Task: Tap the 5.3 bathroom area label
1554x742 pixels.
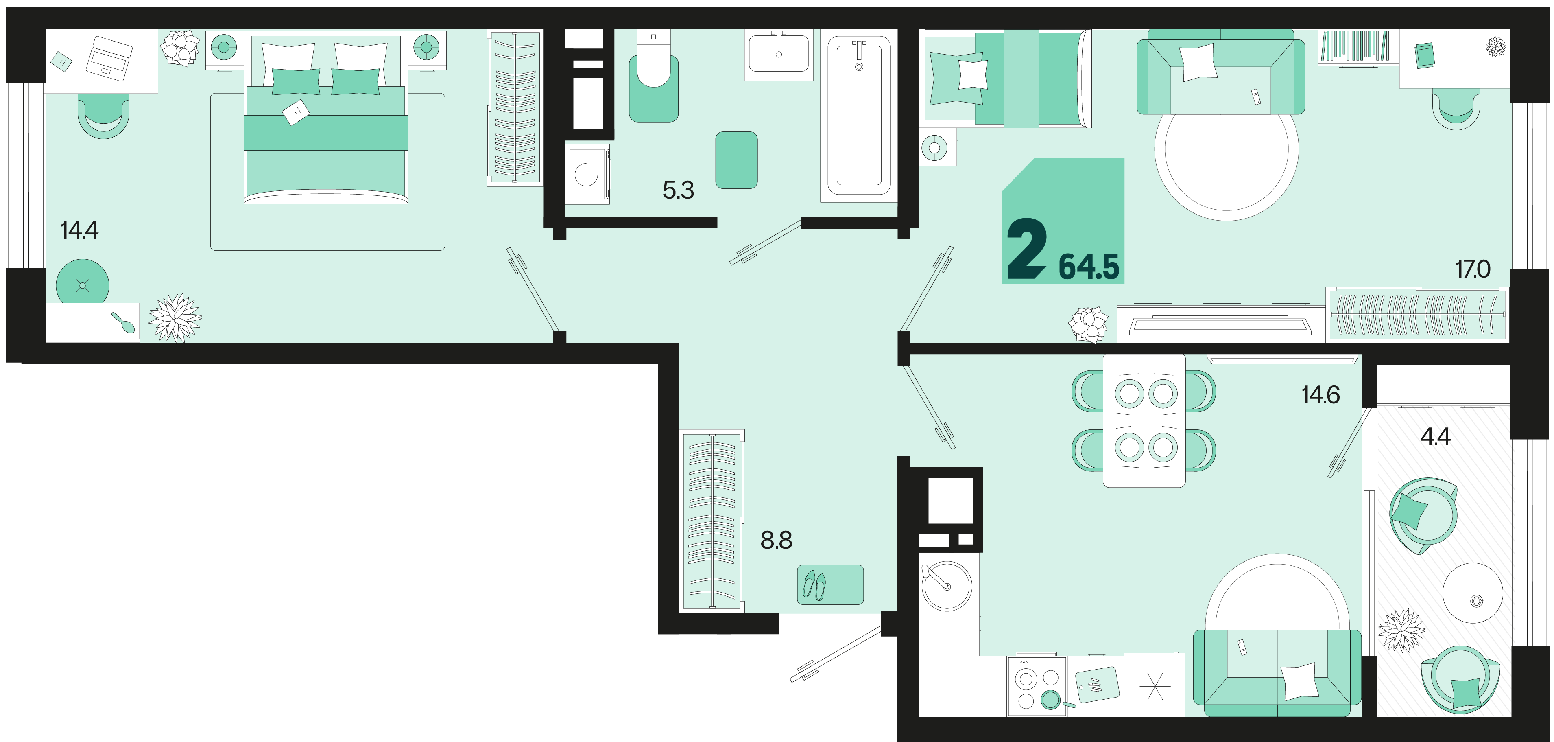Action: tap(678, 190)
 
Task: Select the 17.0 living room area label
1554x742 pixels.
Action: tap(1473, 269)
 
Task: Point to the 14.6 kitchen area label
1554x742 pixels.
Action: tap(1320, 395)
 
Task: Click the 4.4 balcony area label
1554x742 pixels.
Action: tap(1435, 436)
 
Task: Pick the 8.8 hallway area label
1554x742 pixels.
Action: tap(777, 541)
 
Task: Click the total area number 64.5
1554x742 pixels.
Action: tap(1089, 267)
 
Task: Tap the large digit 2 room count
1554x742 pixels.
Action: tap(1027, 248)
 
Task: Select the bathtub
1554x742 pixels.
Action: tap(859, 115)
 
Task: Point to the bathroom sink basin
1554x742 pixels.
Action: tap(779, 54)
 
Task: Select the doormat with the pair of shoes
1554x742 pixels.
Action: tap(830, 584)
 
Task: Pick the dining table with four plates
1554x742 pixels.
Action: tap(1144, 420)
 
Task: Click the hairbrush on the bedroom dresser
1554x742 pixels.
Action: tap(124, 323)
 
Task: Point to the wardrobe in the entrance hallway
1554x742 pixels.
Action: tap(712, 521)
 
